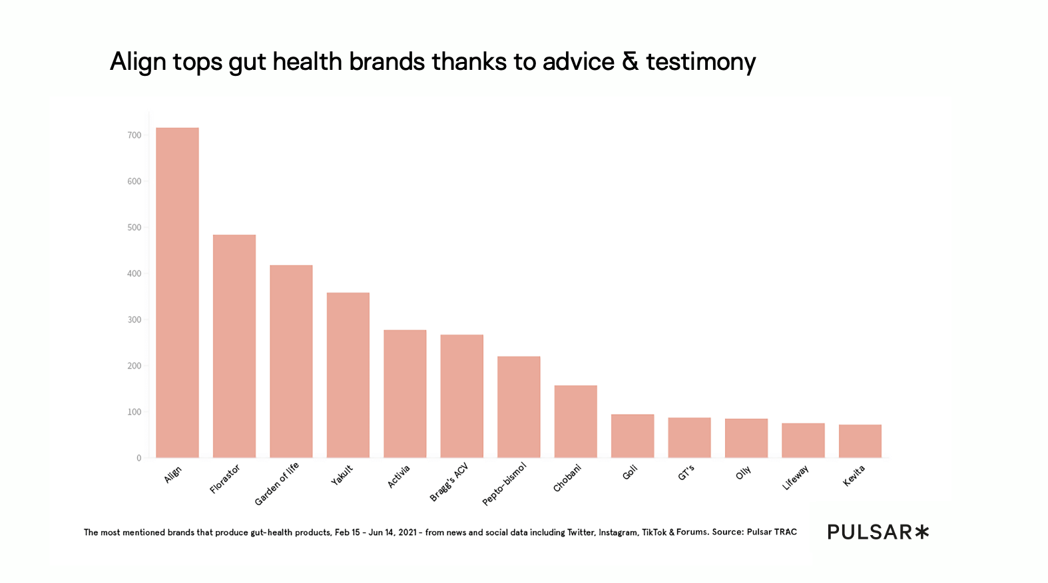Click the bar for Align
click(x=177, y=293)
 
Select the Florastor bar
click(x=234, y=346)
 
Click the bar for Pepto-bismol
click(x=519, y=407)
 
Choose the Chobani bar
click(x=576, y=421)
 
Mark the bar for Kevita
click(x=860, y=441)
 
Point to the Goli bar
click(x=633, y=436)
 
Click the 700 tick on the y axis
click(x=134, y=135)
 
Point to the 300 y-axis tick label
click(x=134, y=319)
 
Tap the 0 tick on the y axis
click(x=138, y=458)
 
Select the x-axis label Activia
click(x=399, y=477)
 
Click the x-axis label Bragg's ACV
click(x=449, y=482)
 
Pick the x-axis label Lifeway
click(x=796, y=478)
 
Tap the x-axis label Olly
click(x=743, y=473)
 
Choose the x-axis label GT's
click(x=686, y=473)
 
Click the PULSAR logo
click(x=878, y=532)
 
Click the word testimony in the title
click(x=700, y=62)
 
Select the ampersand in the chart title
click(x=630, y=61)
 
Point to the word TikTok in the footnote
click(x=654, y=532)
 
